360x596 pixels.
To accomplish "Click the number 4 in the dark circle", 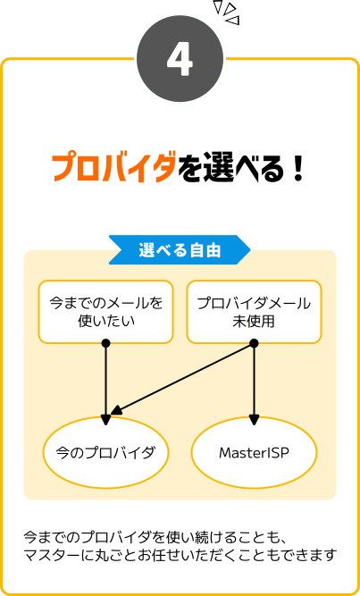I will click(x=180, y=59).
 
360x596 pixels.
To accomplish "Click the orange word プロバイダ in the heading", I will click(x=113, y=168).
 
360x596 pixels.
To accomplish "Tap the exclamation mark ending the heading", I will click(x=297, y=168).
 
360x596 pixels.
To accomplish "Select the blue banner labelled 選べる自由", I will click(x=179, y=250).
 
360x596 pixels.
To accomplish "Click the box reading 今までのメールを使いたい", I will click(x=105, y=311).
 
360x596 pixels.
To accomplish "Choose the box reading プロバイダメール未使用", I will click(x=254, y=311).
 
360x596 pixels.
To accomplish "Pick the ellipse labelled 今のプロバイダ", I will click(x=105, y=452).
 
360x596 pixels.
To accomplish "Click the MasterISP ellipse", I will click(x=254, y=452).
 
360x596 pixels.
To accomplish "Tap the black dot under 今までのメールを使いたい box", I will click(x=105, y=343).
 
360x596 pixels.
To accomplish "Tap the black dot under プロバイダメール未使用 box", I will click(x=254, y=343).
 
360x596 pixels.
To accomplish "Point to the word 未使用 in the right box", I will click(x=254, y=320).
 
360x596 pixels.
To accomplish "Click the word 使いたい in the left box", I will click(x=105, y=320).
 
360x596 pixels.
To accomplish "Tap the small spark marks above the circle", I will click(x=229, y=13).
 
